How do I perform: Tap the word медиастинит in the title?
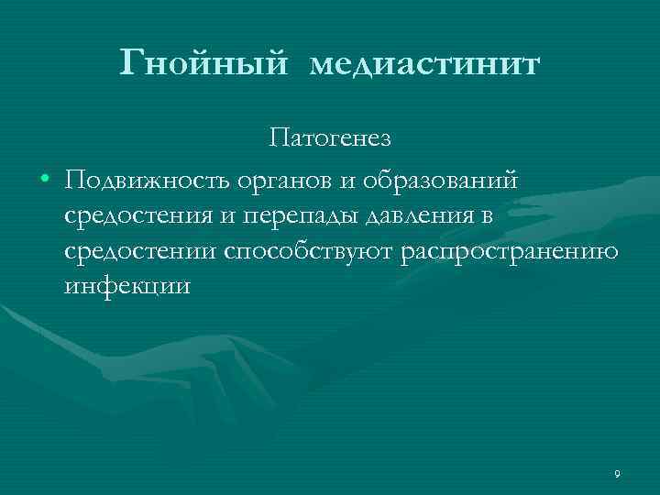pos(426,65)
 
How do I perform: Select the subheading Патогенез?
pos(330,138)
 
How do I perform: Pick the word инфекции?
pos(127,287)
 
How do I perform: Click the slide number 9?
pos(617,474)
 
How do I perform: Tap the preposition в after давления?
pos(486,216)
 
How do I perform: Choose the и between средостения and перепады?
pos(223,216)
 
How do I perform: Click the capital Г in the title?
pos(132,63)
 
